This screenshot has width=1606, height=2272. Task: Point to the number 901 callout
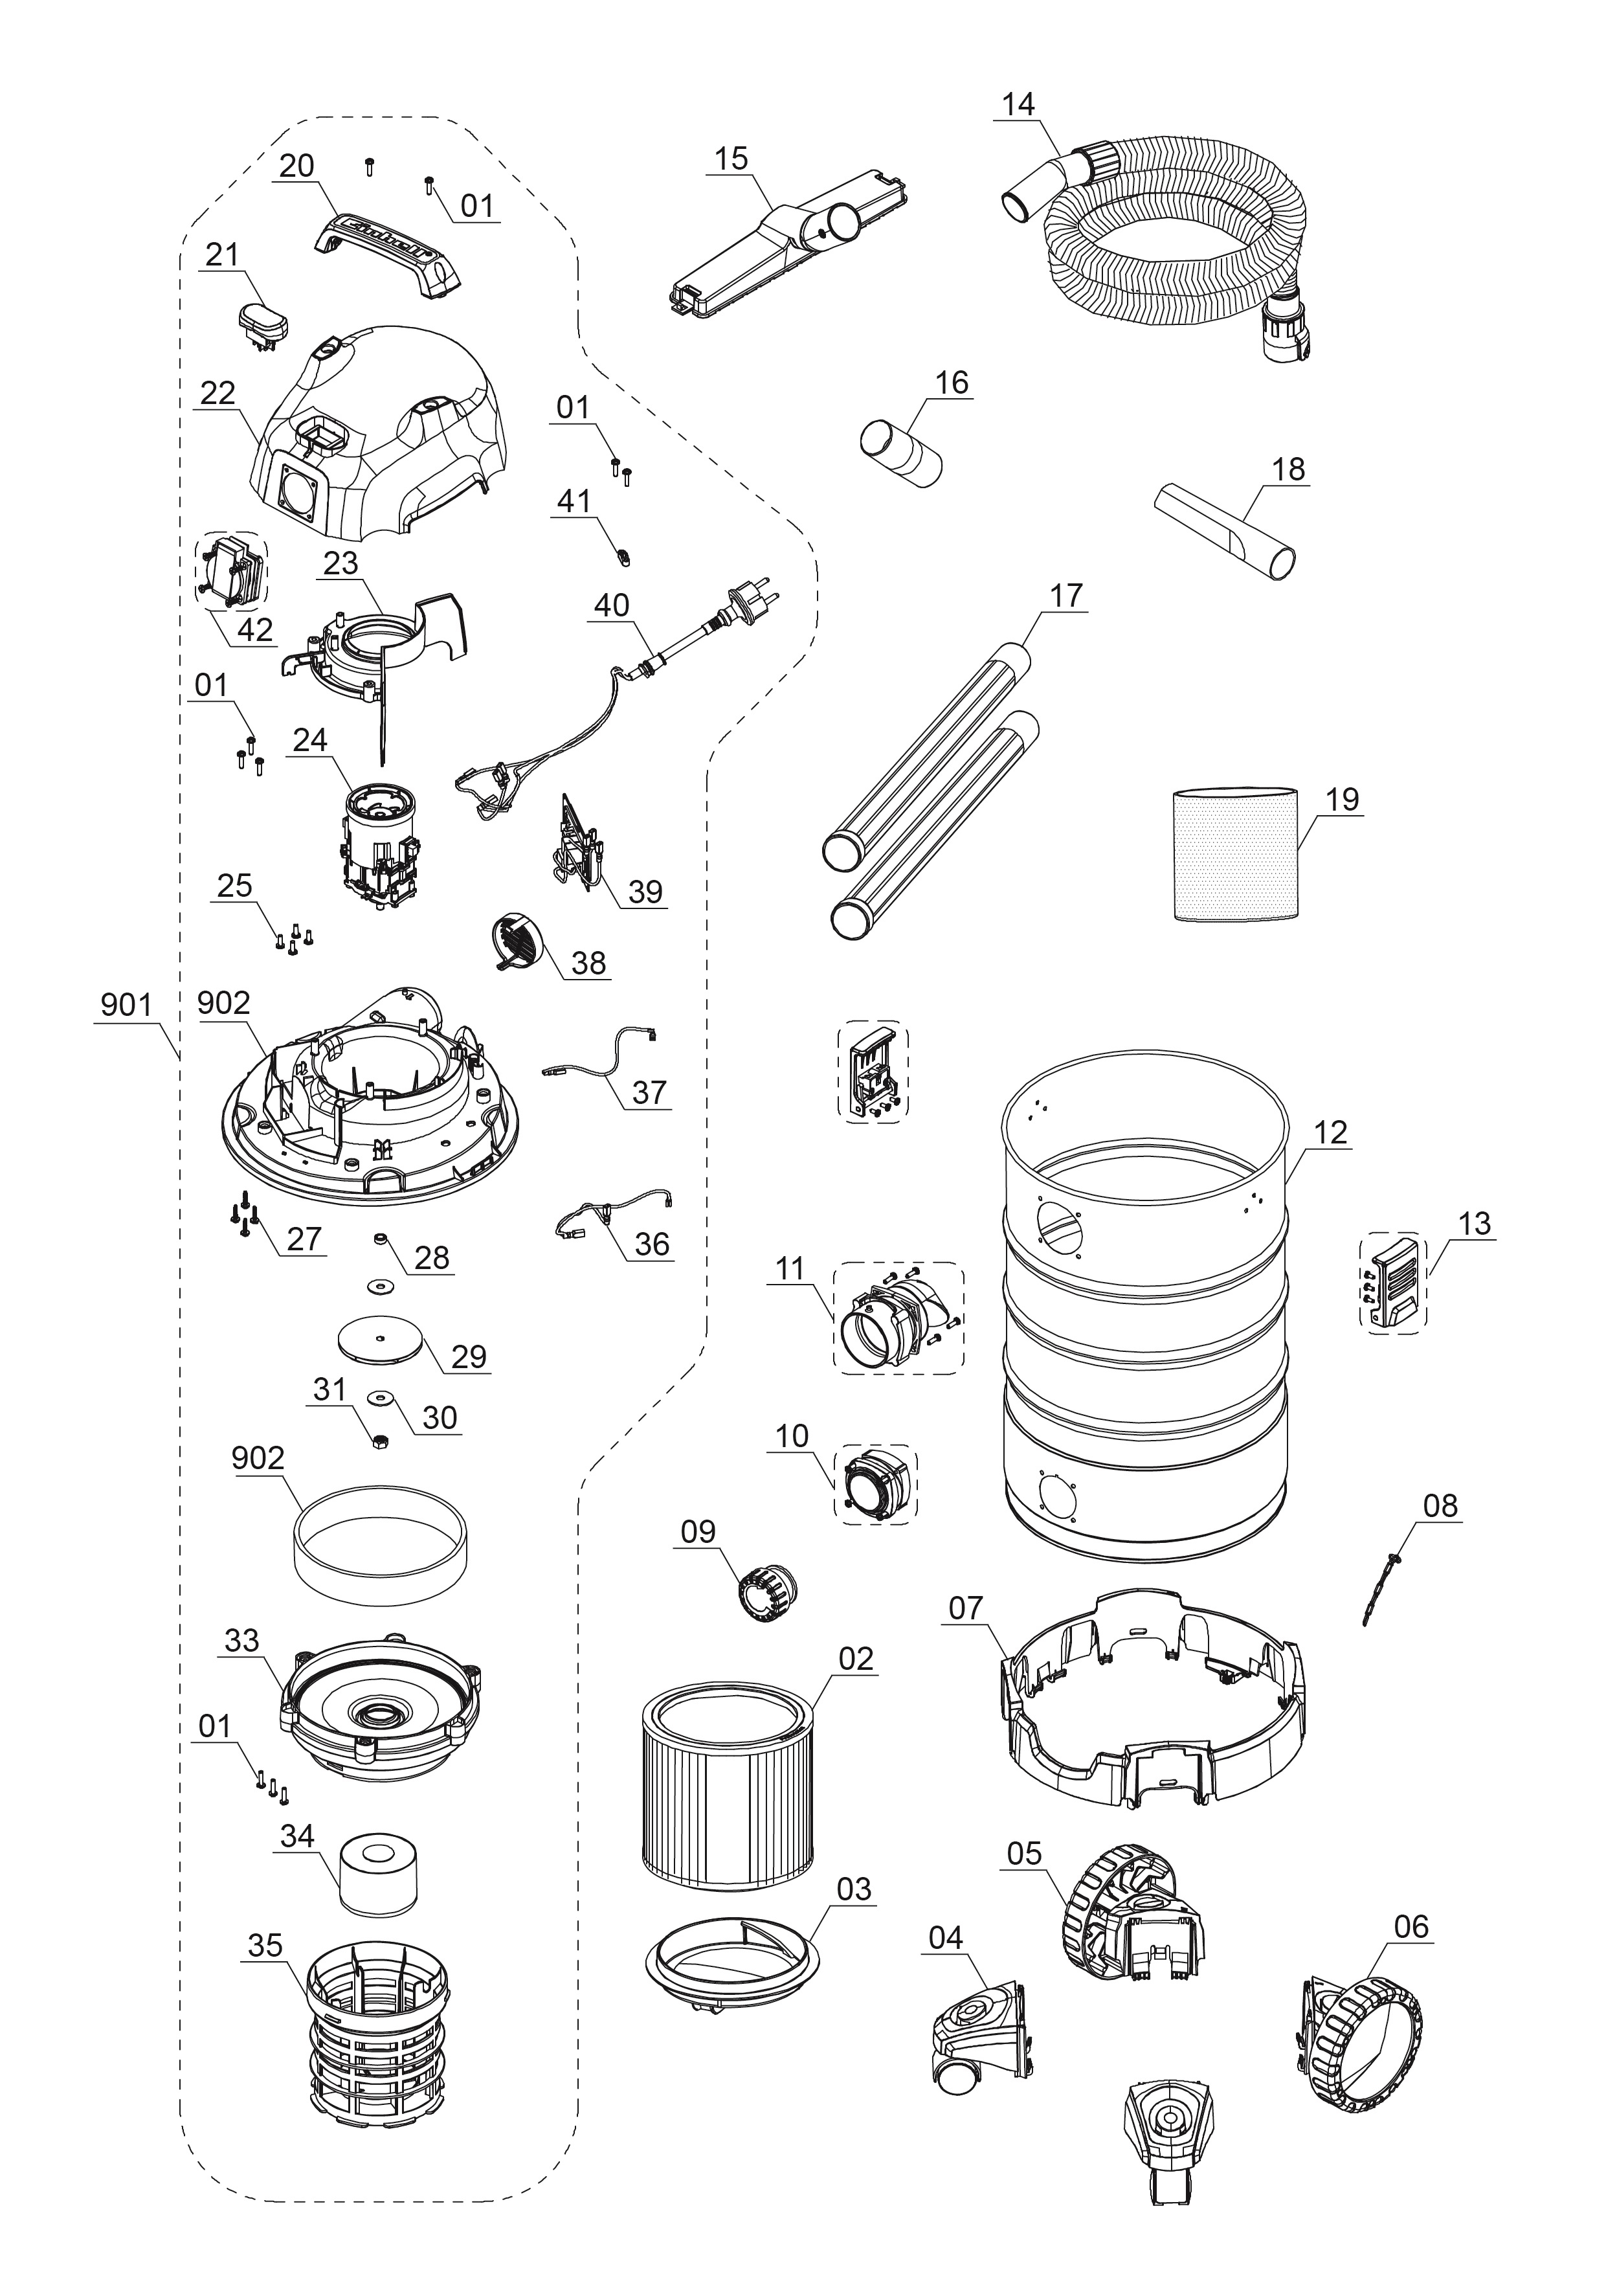coord(126,1006)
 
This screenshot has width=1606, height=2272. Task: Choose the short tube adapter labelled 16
coord(900,454)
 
